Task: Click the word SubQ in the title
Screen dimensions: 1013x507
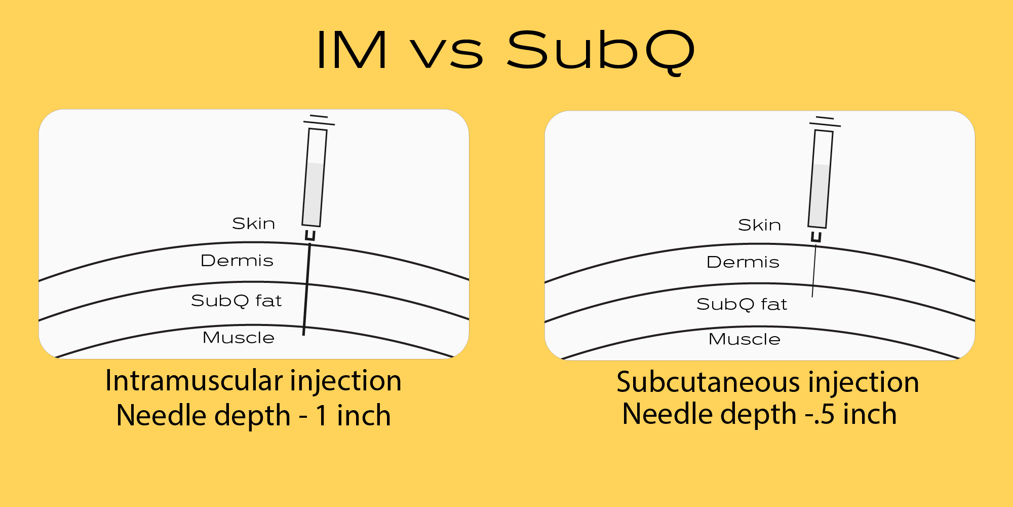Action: pos(601,51)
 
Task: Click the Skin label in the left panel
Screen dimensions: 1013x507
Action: pos(253,224)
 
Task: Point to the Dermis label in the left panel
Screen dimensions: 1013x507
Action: pos(237,261)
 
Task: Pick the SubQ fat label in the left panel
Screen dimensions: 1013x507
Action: pos(236,301)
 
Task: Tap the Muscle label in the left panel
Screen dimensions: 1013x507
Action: pos(238,338)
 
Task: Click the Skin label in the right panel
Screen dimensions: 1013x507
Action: pos(759,225)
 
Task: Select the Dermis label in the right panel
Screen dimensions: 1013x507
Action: pos(743,262)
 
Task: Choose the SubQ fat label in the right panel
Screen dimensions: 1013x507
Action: pos(742,304)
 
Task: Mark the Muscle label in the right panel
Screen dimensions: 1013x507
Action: pos(744,339)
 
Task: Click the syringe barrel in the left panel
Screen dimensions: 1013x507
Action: pos(315,177)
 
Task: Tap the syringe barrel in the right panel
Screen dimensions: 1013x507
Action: pos(821,179)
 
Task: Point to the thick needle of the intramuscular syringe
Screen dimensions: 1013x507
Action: pos(307,289)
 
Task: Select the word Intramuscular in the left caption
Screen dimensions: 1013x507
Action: pos(193,381)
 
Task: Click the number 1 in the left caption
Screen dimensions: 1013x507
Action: pos(321,416)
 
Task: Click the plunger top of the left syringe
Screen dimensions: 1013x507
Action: pos(319,120)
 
